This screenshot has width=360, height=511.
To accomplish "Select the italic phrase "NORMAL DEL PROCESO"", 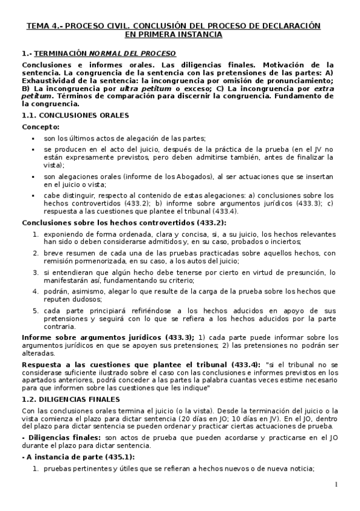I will click(134, 53).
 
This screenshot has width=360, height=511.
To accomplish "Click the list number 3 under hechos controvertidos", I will click(35, 272).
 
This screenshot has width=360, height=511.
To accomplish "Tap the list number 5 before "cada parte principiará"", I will click(35, 310).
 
